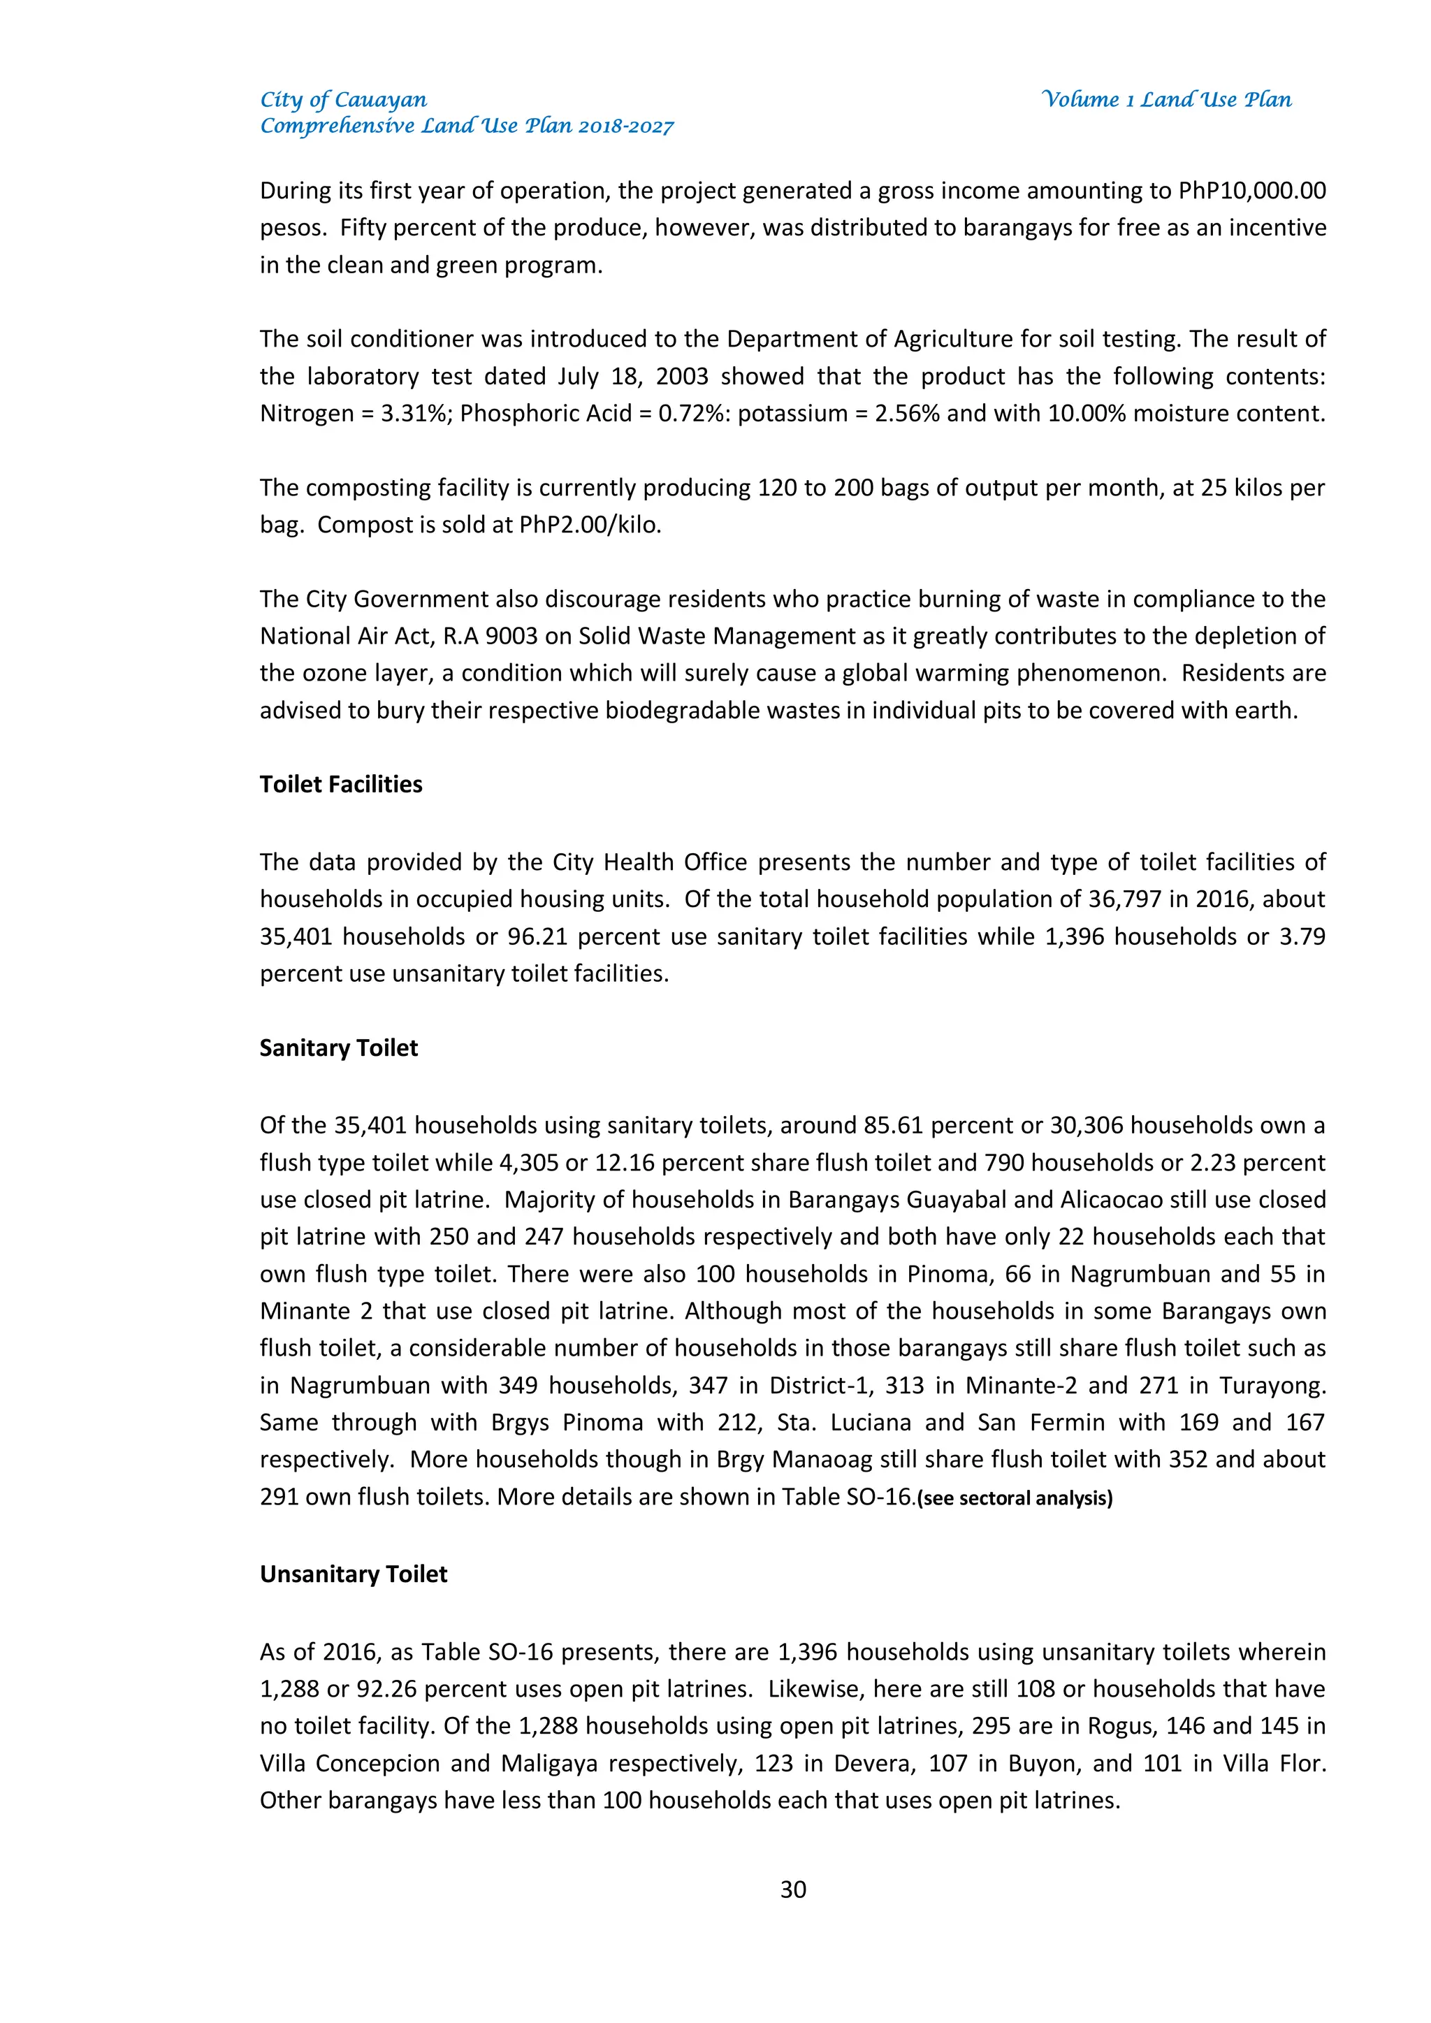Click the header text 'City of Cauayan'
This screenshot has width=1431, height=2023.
click(x=343, y=99)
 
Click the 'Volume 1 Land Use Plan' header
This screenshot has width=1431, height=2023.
click(x=1165, y=99)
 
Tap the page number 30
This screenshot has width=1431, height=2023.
click(x=793, y=1889)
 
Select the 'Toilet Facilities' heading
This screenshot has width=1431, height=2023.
click(x=341, y=784)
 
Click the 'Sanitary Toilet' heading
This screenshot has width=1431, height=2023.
click(x=338, y=1047)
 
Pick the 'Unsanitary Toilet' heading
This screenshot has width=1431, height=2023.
click(x=354, y=1574)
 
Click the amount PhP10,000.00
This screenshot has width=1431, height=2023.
click(x=1252, y=191)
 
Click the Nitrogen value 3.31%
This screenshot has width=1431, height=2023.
click(x=416, y=413)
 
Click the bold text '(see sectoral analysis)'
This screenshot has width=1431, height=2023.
click(x=1015, y=1499)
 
